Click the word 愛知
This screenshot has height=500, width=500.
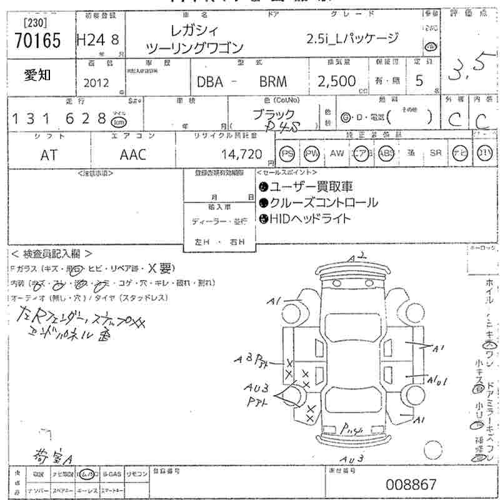pos(38,75)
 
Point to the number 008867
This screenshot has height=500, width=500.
pos(411,484)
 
